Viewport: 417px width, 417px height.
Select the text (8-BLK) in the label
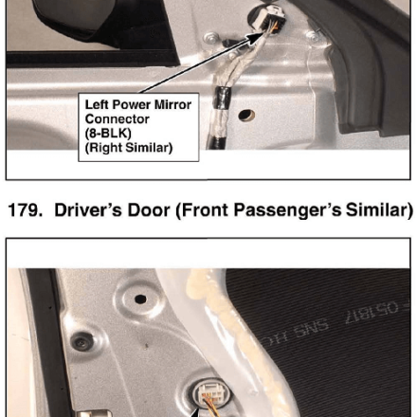pyautogui.click(x=108, y=134)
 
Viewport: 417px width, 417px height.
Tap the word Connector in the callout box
pyautogui.click(x=117, y=119)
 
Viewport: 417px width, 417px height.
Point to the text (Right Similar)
pyautogui.click(x=129, y=148)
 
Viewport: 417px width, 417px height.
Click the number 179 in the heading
pyautogui.click(x=25, y=209)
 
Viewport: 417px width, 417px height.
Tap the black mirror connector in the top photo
pyautogui.click(x=271, y=20)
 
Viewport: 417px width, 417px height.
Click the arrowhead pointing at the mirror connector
pyautogui.click(x=254, y=37)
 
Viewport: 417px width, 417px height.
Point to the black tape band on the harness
pyautogui.click(x=222, y=98)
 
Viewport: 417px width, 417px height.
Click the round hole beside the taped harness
pyautogui.click(x=246, y=115)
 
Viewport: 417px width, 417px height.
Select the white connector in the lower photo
pyautogui.click(x=212, y=395)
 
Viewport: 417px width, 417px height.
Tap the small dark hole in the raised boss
pyautogui.click(x=140, y=299)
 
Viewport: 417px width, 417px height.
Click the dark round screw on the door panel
pyautogui.click(x=82, y=341)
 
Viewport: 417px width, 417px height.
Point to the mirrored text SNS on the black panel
pyautogui.click(x=311, y=327)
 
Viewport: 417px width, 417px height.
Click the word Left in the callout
pyautogui.click(x=97, y=105)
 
